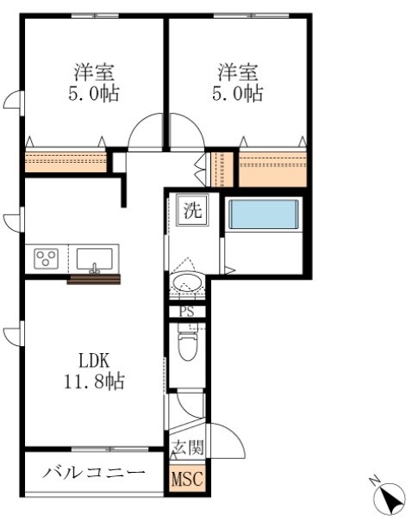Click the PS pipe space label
click(186, 312)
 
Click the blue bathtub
click(263, 215)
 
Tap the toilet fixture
click(186, 346)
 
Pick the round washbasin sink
click(186, 282)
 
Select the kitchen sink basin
click(95, 258)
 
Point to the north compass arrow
click(391, 497)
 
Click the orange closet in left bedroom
click(65, 161)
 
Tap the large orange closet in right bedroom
click(272, 168)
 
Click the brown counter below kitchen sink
click(95, 278)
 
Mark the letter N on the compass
click(372, 479)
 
